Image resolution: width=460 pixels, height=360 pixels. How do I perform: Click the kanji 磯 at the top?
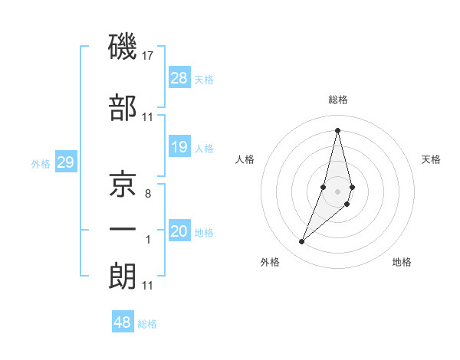click(123, 47)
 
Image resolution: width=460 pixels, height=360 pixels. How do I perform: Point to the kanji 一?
click(123, 231)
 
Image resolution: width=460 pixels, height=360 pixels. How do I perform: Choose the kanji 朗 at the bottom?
click(123, 276)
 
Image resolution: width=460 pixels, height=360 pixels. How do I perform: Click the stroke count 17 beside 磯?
click(148, 56)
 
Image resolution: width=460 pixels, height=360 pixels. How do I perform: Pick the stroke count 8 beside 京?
click(147, 194)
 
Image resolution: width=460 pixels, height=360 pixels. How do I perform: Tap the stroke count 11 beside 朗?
click(147, 286)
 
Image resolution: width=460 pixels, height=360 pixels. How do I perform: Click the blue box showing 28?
click(179, 77)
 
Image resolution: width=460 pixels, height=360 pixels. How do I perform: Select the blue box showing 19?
click(179, 147)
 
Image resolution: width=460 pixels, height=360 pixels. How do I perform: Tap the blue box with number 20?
click(179, 231)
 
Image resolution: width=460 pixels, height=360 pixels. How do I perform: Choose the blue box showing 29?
click(65, 162)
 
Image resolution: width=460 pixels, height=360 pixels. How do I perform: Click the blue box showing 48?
click(123, 322)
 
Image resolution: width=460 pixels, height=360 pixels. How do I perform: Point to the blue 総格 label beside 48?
click(147, 324)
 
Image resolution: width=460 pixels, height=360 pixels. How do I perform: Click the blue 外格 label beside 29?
click(40, 163)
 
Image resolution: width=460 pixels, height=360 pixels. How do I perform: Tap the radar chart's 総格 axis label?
click(337, 100)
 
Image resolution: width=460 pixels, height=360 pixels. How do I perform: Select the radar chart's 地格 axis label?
click(402, 262)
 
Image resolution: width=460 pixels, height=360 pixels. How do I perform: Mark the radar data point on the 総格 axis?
click(337, 129)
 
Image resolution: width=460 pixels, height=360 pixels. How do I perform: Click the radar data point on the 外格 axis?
click(302, 242)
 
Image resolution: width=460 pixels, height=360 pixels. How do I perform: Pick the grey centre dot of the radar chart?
click(337, 189)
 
